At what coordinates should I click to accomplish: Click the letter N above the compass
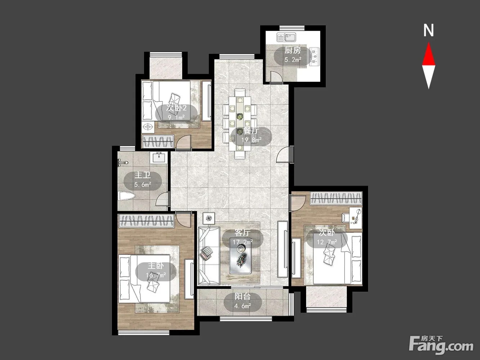coord(429,30)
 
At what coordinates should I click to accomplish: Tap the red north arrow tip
coord(429,42)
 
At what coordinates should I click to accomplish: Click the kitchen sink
coord(286,37)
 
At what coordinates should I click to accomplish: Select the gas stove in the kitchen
coord(314,57)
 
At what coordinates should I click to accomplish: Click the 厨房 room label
coord(293,50)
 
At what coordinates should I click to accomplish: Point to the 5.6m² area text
coord(143,185)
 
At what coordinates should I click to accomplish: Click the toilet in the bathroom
coord(126,196)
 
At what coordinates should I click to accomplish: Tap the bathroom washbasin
coord(159,158)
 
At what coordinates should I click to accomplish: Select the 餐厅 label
coord(251,130)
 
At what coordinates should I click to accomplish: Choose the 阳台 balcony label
coord(242,297)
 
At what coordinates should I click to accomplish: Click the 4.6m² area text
coord(242,306)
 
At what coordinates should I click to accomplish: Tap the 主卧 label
coord(156,266)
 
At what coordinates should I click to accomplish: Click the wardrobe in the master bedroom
coord(146,221)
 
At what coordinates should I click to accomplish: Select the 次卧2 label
coord(176,108)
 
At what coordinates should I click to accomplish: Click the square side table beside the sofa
coord(209,218)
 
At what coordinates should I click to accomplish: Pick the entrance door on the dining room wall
coord(285,155)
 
